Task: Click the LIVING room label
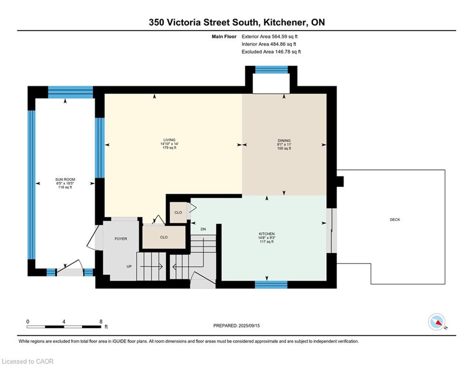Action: coord(169,140)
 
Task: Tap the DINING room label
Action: coord(284,141)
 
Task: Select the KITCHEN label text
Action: coord(267,234)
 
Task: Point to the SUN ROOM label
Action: coord(65,180)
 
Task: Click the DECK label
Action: coord(395,220)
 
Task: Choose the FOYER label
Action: coord(121,239)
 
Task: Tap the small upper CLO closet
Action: coord(178,212)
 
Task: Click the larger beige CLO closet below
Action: coord(164,237)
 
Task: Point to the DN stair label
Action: coord(203,229)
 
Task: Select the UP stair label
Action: coord(129,266)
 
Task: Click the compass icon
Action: coord(437,322)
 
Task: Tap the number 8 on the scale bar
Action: coord(101,322)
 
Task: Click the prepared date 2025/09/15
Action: coord(249,326)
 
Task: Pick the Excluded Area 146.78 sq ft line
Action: coord(271,52)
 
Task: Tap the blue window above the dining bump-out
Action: coord(271,70)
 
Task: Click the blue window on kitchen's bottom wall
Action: coord(271,285)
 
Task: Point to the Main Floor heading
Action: coord(224,37)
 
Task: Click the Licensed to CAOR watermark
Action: coord(28,361)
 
